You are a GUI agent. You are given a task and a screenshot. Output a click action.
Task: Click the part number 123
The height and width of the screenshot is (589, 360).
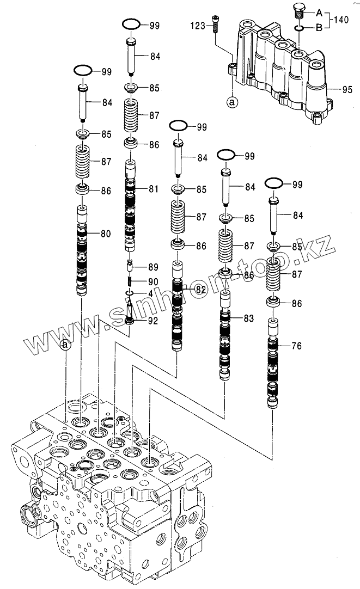(x=197, y=25)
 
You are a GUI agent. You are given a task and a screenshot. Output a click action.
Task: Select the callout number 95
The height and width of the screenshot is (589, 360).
(x=347, y=89)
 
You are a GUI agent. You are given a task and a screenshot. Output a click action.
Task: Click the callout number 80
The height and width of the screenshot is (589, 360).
(x=105, y=235)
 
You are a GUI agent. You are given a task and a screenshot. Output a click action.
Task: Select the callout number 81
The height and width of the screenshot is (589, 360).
(x=153, y=189)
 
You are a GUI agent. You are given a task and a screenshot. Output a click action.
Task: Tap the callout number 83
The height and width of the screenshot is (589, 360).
(x=248, y=318)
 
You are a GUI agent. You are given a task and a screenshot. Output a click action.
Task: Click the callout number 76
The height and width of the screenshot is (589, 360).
(x=296, y=346)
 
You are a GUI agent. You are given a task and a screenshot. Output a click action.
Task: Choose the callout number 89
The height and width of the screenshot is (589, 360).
(x=153, y=267)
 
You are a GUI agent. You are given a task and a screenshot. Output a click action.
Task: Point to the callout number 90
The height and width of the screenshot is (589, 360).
(x=153, y=281)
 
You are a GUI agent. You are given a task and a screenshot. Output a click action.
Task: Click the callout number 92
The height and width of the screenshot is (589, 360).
(x=153, y=321)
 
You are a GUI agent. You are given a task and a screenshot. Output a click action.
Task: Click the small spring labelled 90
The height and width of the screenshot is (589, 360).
(x=131, y=281)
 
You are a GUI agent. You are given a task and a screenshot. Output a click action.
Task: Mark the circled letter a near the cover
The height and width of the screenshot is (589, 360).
(x=233, y=102)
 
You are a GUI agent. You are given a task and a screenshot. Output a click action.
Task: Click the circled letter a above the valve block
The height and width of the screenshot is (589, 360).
(x=65, y=345)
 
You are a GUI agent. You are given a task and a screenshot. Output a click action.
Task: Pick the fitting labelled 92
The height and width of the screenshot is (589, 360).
(x=131, y=317)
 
